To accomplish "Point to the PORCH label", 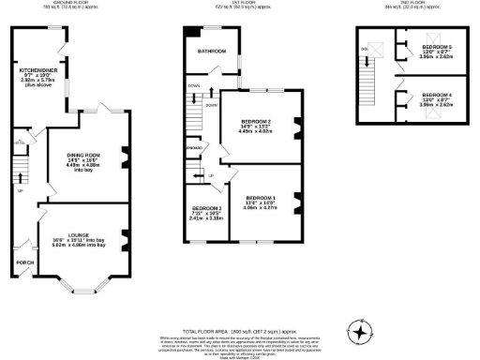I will click(24, 263).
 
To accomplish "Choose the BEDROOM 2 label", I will click(256, 122).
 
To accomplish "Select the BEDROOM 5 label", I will click(437, 47).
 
